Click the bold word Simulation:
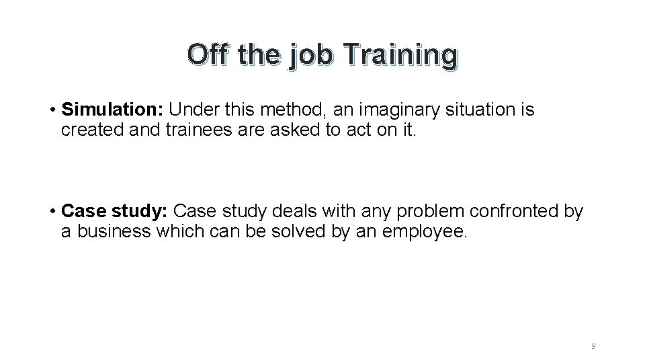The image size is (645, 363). [112, 110]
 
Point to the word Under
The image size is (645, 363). [191, 110]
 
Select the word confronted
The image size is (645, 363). [515, 212]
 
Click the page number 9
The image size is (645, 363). [593, 346]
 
